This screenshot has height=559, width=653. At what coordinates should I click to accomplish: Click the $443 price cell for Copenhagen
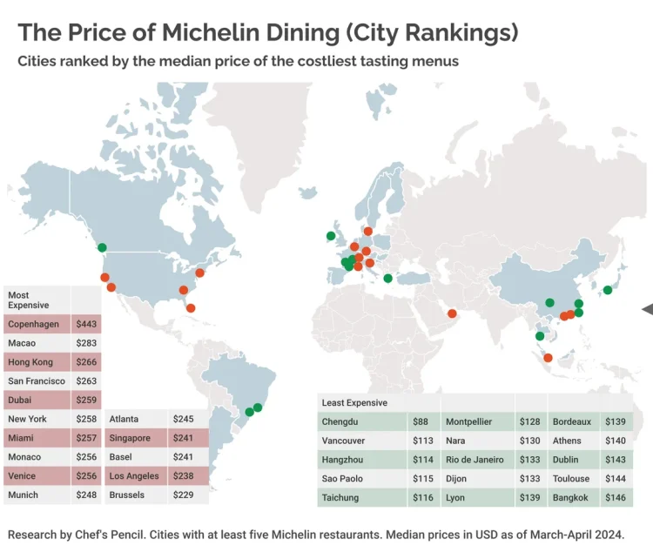pyautogui.click(x=85, y=324)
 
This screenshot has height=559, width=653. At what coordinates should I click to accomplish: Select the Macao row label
pyautogui.click(x=23, y=343)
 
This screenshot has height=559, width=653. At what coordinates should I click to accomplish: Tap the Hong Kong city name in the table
pyautogui.click(x=30, y=362)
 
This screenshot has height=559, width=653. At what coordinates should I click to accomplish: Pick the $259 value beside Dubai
pyautogui.click(x=85, y=401)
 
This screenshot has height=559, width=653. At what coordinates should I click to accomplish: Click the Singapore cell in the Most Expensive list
pyautogui.click(x=130, y=438)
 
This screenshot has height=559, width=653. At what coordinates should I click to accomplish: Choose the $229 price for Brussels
pyautogui.click(x=184, y=495)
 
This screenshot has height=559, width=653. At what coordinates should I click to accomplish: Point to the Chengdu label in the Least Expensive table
pyautogui.click(x=342, y=421)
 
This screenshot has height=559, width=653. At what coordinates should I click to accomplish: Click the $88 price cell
pyautogui.click(x=421, y=421)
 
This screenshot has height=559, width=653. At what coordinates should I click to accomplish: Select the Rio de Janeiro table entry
pyautogui.click(x=475, y=460)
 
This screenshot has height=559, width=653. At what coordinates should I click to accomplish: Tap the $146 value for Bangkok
pyautogui.click(x=616, y=498)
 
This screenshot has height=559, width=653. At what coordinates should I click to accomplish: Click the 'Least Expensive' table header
pyautogui.click(x=354, y=403)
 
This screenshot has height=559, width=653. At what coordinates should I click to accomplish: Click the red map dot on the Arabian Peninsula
pyautogui.click(x=452, y=314)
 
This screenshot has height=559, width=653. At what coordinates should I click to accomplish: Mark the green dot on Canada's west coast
pyautogui.click(x=102, y=247)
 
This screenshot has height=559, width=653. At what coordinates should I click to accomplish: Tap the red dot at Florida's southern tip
pyautogui.click(x=191, y=307)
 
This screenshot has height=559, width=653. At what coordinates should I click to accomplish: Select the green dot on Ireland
pyautogui.click(x=331, y=235)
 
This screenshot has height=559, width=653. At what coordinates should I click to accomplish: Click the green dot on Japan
pyautogui.click(x=608, y=291)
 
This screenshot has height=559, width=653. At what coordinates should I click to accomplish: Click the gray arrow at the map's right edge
pyautogui.click(x=647, y=308)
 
